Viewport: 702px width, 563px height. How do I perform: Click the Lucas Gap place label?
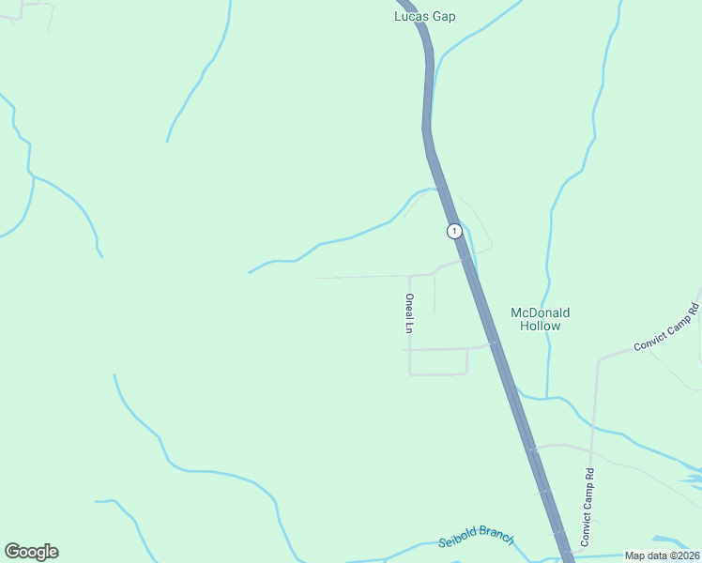pyautogui.click(x=424, y=16)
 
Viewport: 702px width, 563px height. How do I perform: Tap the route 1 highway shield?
pyautogui.click(x=454, y=231)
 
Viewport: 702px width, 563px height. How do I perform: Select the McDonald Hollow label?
pyautogui.click(x=540, y=319)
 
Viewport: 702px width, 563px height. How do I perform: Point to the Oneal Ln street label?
pyautogui.click(x=409, y=313)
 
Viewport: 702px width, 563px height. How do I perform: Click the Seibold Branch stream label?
pyautogui.click(x=476, y=538)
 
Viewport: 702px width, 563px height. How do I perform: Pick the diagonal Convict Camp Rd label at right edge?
pyautogui.click(x=667, y=327)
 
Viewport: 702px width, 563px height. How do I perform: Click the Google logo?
pyautogui.click(x=31, y=552)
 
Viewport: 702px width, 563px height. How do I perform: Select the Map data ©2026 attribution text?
pyautogui.click(x=662, y=555)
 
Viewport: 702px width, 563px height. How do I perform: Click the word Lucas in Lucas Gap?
pyautogui.click(x=412, y=16)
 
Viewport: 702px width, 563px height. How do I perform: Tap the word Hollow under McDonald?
pyautogui.click(x=540, y=327)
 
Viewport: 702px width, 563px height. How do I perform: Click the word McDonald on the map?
pyautogui.click(x=540, y=312)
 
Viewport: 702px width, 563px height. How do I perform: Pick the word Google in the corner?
pyautogui.click(x=31, y=552)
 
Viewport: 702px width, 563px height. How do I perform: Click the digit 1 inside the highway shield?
pyautogui.click(x=454, y=231)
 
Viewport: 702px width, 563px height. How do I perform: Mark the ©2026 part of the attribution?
pyautogui.click(x=681, y=555)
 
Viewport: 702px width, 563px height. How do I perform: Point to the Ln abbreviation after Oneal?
pyautogui.click(x=409, y=328)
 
